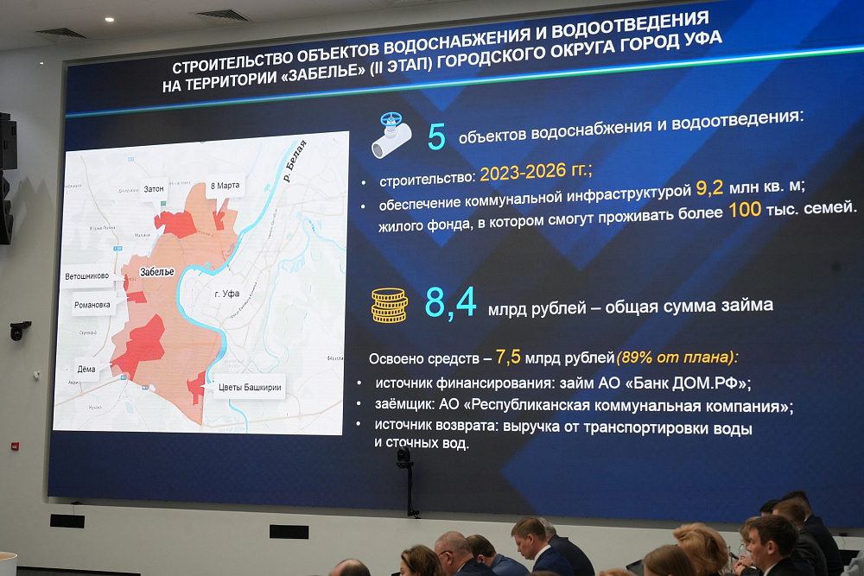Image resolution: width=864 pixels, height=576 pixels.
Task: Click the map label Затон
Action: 154,188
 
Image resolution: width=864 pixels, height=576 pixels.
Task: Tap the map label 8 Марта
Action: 225,186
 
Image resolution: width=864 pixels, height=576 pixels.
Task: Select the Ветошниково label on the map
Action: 87,277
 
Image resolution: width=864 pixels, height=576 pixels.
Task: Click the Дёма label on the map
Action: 86,369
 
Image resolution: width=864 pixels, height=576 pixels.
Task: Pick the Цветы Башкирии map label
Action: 250,387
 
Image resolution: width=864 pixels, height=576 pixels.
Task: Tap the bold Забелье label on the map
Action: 156,271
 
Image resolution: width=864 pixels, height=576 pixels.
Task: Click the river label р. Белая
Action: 295,160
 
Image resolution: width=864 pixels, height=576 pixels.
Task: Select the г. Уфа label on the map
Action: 226,294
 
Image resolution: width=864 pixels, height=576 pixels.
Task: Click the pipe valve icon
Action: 391,136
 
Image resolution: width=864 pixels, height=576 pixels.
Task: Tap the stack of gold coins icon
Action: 390,305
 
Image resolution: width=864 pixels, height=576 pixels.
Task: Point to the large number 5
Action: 437,136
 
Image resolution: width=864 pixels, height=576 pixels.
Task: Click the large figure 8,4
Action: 450,303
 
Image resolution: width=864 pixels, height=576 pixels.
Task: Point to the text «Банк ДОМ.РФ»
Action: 683,383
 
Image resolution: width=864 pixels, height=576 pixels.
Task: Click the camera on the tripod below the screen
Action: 404,458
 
